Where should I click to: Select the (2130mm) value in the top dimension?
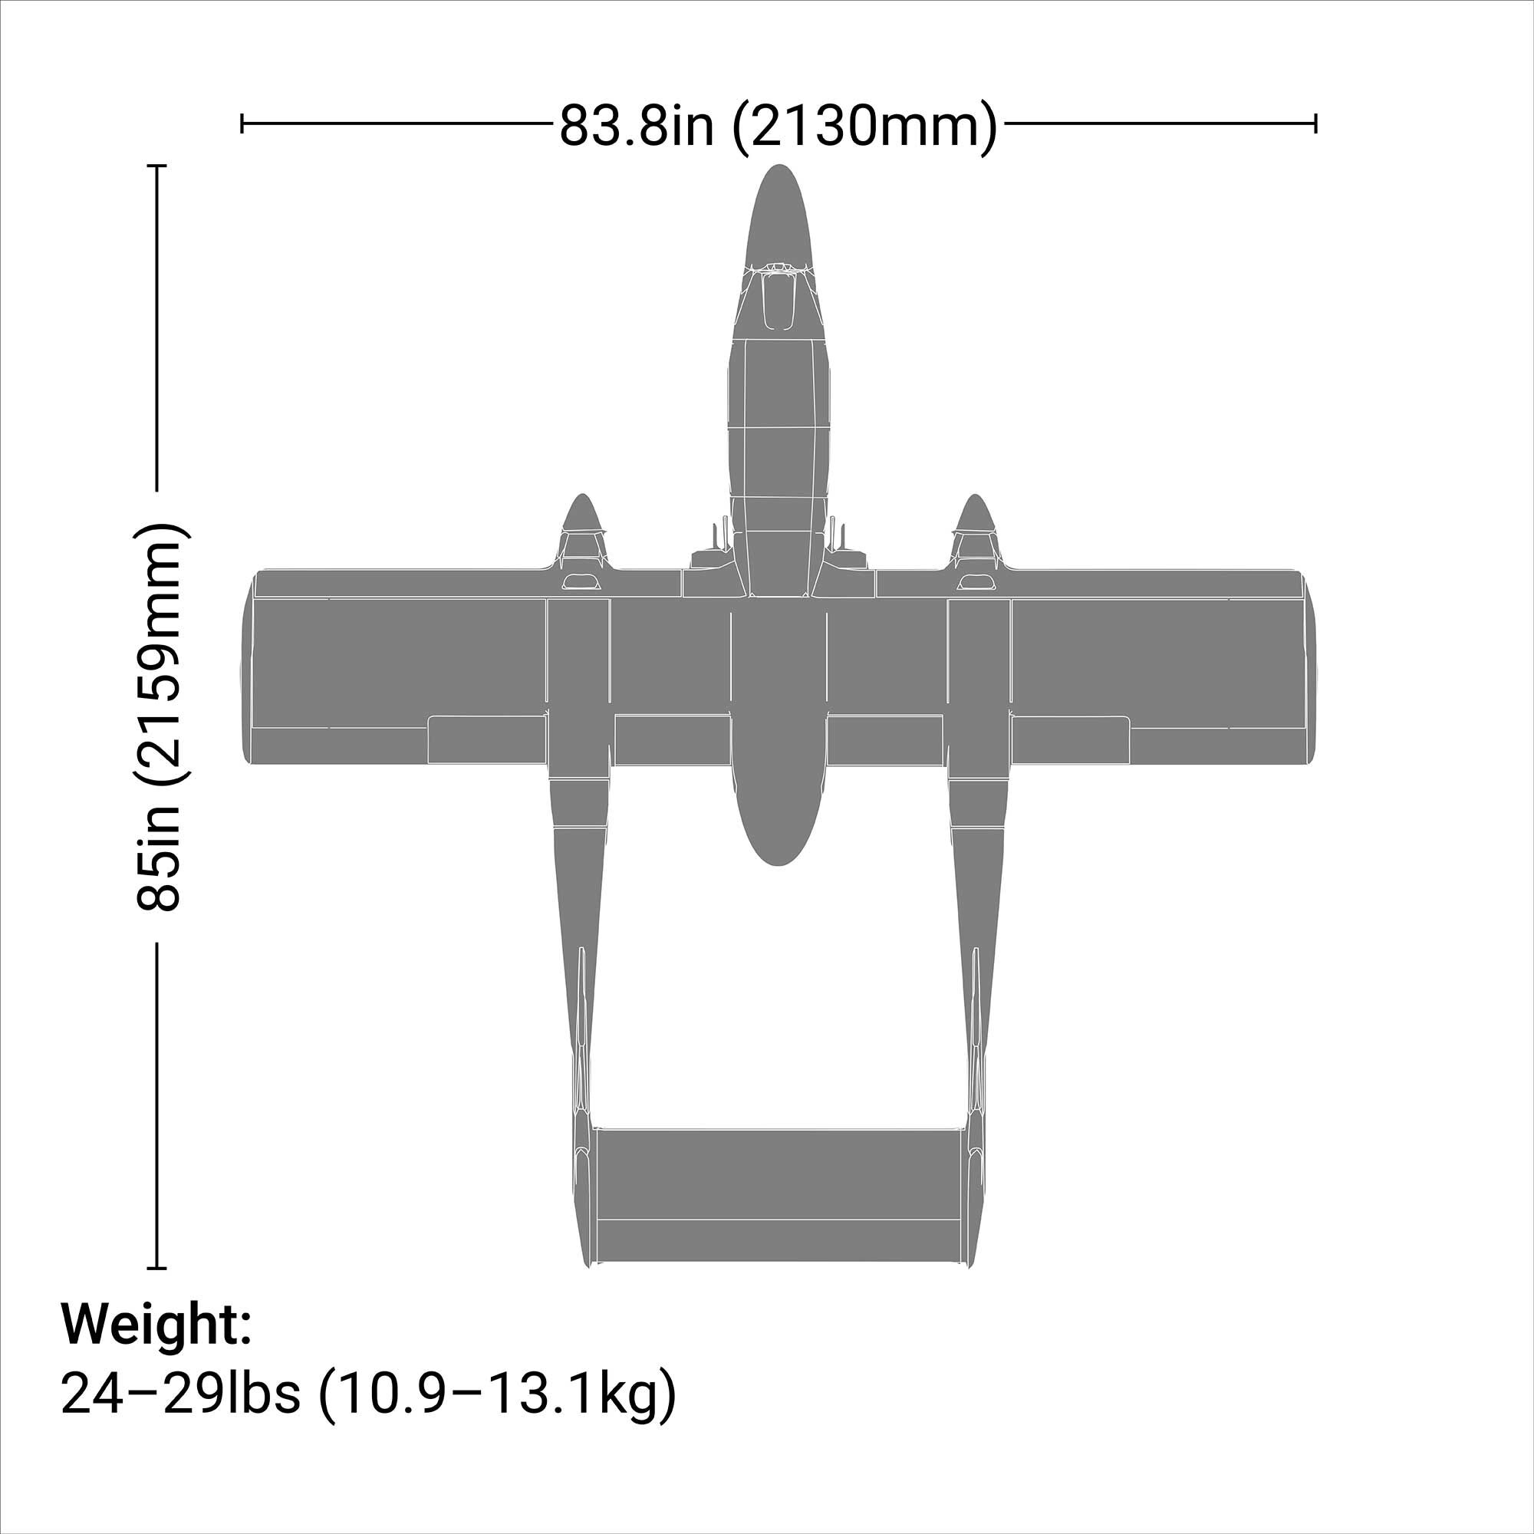pos(864,126)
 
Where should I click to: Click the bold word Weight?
pos(156,1323)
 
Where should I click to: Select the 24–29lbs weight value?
pos(180,1394)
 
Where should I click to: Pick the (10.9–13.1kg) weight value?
pos(497,1394)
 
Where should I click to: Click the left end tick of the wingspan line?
pos(242,123)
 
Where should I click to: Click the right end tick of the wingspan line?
pos(1315,123)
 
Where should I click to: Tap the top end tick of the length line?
pos(157,166)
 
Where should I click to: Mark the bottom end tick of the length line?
pos(157,1268)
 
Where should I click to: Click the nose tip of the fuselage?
pos(779,168)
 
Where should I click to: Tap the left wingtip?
pos(247,667)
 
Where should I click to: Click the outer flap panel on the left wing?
pos(487,739)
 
